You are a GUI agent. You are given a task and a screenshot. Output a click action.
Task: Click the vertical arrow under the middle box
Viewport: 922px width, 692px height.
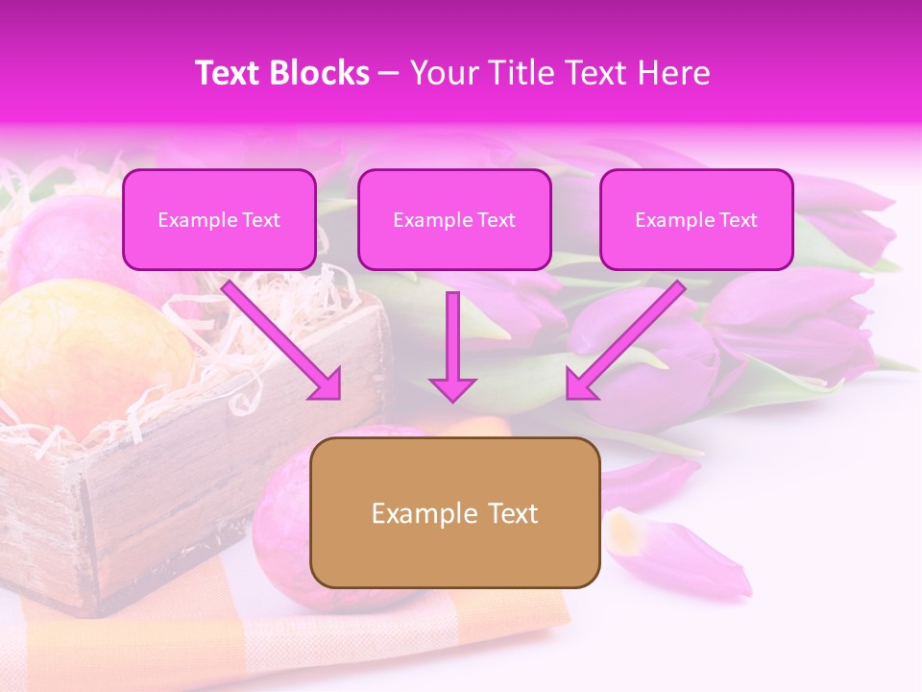tap(452, 336)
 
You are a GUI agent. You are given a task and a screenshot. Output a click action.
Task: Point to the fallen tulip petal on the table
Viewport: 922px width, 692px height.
tap(682, 553)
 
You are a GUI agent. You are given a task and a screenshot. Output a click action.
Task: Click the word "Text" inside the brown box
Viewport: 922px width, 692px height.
tap(511, 513)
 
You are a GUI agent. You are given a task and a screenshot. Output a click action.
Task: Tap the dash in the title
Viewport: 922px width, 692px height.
tap(389, 73)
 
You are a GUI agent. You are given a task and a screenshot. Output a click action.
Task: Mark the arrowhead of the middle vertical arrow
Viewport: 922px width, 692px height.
tap(452, 388)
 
